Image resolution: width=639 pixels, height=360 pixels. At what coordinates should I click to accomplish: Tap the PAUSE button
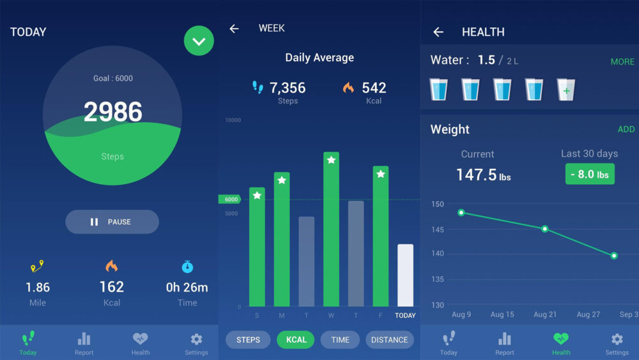click(112, 222)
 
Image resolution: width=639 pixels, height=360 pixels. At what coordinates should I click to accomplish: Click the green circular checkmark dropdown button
click(199, 41)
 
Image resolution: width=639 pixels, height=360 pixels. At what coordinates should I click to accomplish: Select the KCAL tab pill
click(296, 340)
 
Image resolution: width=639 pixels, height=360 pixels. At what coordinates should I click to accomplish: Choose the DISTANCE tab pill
click(389, 340)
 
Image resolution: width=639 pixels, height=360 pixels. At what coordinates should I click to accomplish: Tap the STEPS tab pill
click(248, 340)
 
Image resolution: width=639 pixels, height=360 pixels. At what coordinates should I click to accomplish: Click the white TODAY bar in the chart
click(405, 275)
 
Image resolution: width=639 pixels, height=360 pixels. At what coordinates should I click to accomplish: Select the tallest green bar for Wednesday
click(331, 230)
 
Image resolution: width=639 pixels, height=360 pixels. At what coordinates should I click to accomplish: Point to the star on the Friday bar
click(381, 174)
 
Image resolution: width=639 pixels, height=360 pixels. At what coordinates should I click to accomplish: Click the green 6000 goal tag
click(230, 200)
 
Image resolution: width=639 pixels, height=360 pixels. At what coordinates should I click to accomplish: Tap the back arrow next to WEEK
click(235, 29)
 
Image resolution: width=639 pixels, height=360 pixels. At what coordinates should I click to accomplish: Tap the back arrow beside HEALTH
click(438, 32)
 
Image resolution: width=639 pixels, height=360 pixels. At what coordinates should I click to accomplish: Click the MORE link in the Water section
click(622, 62)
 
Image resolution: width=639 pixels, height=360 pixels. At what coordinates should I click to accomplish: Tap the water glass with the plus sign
click(566, 90)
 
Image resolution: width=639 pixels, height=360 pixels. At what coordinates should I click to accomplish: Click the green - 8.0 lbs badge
click(589, 174)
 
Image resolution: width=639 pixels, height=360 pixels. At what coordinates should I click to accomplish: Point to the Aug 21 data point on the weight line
click(544, 228)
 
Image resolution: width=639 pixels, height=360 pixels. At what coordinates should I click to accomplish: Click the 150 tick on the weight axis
click(437, 205)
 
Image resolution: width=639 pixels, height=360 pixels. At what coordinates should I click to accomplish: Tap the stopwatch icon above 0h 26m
click(187, 267)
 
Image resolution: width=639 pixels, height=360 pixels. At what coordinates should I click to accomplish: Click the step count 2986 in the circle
click(112, 113)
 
